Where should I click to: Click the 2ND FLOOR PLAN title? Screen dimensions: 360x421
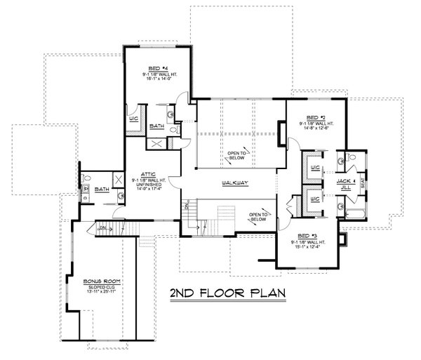[x=225, y=291]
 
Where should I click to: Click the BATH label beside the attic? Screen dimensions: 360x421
[x=100, y=189]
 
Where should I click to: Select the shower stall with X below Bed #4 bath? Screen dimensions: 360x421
[x=156, y=143]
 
